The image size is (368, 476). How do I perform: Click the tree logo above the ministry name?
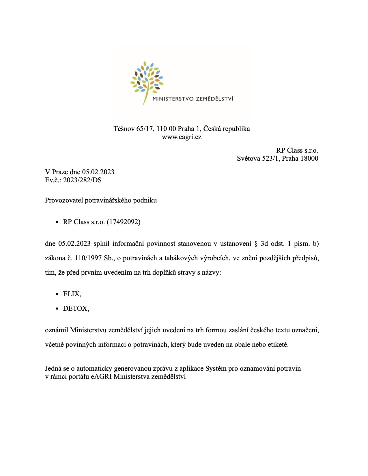point(147,79)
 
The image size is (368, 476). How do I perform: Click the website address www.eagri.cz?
point(182,137)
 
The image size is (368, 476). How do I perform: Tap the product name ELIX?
point(72,294)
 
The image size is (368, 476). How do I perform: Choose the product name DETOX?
point(76,309)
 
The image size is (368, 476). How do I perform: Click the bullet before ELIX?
point(57,294)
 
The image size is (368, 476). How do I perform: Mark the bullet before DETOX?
point(57,309)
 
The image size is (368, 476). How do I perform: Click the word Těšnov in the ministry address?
point(124,129)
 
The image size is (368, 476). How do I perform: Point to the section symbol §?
point(256,244)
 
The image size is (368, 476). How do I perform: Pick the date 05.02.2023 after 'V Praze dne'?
point(98,172)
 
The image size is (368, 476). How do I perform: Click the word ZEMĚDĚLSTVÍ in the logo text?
point(214,99)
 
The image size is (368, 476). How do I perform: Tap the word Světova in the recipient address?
point(249,158)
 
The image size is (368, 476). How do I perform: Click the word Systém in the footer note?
point(216,369)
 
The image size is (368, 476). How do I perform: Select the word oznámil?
point(57,330)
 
